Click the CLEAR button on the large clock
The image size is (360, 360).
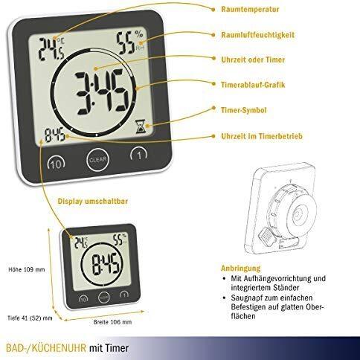[97, 160]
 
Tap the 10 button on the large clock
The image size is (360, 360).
[57, 164]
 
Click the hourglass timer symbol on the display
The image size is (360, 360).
[140, 126]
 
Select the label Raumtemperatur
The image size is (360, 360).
[250, 10]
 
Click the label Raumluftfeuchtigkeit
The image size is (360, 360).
[258, 34]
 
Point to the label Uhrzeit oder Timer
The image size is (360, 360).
[253, 60]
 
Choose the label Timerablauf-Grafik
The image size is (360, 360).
[253, 85]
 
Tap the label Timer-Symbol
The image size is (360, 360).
[244, 110]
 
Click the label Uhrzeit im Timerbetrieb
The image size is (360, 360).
[262, 136]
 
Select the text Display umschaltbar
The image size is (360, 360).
[93, 201]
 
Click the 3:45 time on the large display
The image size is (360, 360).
[102, 94]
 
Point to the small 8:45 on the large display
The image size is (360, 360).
[55, 135]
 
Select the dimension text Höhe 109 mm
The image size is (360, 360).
[27, 269]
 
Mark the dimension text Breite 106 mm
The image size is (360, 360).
[112, 322]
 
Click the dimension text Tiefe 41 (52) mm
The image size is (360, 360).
[30, 318]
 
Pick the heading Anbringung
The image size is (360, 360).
[241, 269]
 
